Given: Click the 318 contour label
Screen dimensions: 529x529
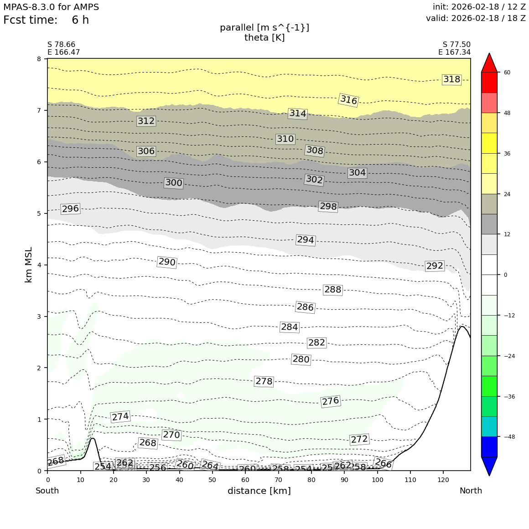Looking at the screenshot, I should pos(451,80).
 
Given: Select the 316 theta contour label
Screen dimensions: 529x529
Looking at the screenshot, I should pos(349,100).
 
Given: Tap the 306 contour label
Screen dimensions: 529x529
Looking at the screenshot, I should pos(146,151).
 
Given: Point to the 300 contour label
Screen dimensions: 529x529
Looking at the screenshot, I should pos(173,183).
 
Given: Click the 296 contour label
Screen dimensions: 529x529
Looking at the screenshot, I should pos(70,209).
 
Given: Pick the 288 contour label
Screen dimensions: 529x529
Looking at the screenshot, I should pos(332,290).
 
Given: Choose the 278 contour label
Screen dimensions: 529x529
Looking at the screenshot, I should pos(264,381).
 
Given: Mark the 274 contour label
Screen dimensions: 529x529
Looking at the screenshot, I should pos(120,417).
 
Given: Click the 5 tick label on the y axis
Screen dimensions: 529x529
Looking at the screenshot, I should pos(39,213).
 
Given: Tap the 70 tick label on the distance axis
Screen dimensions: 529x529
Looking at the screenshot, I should pos(278,480).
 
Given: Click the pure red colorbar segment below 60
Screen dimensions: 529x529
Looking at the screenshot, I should pos(489,83).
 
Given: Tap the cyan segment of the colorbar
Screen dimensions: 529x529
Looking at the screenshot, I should pos(489,426).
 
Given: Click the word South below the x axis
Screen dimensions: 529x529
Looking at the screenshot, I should pos(47,491).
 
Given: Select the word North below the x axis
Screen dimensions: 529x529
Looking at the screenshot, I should pos(471,491).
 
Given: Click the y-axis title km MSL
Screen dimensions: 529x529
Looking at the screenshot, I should pos(28,264).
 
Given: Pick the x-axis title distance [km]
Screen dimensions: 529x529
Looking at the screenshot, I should pos(259,491).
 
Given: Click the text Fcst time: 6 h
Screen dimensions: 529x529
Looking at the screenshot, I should pos(46,20).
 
